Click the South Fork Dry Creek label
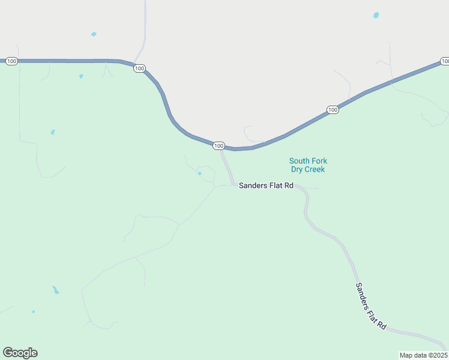308,165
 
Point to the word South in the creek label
299,161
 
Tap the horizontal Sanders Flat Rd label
266,186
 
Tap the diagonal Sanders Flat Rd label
370,305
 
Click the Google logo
20,353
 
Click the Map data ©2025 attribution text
423,355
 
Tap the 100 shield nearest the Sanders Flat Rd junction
218,146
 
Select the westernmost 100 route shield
11,61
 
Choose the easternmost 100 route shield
445,61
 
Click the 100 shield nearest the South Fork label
333,110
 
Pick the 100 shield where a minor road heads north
139,68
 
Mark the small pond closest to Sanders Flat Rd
199,174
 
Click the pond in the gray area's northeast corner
376,15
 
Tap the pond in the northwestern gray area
94,34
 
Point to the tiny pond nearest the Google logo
33,311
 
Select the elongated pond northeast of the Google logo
55,290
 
